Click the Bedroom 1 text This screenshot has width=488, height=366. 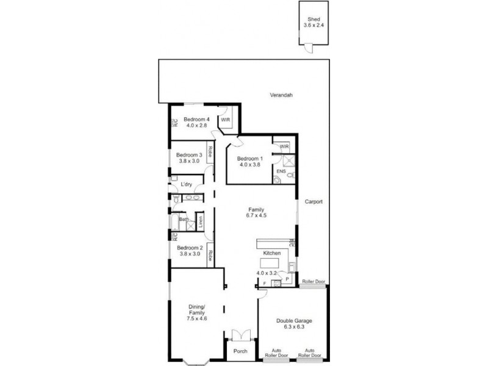[x=249, y=159]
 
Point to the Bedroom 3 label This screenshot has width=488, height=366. [x=190, y=155]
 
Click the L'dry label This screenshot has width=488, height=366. [x=186, y=185]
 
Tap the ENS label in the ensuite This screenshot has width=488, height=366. [x=281, y=172]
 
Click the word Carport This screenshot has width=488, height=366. [x=313, y=201]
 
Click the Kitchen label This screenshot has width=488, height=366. [x=271, y=253]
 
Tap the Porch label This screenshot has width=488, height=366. [x=240, y=351]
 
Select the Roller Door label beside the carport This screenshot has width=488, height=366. [x=314, y=282]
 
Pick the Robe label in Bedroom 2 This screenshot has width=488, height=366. [x=210, y=256]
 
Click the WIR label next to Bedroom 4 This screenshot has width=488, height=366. [x=225, y=120]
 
